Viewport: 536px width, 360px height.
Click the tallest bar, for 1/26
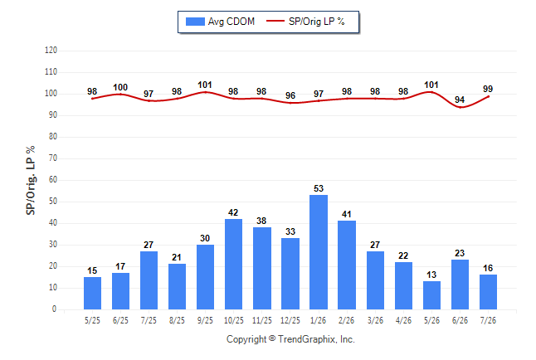[319, 252]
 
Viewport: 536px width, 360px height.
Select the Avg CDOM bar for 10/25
[233, 264]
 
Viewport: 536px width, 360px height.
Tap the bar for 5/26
[431, 295]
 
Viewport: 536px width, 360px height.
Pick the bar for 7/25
[149, 280]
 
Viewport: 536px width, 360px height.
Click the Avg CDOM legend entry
[220, 22]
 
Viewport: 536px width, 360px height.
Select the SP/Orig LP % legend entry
[305, 22]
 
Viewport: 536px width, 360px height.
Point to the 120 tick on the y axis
[51, 51]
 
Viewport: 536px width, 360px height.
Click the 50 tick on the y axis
[52, 202]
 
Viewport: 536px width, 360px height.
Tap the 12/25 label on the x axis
[290, 320]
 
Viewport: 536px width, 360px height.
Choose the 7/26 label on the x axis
[488, 320]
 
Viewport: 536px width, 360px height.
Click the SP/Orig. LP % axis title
[31, 180]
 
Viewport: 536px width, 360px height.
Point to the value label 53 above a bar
[319, 188]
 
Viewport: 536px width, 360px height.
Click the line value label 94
[460, 100]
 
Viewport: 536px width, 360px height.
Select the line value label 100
[120, 87]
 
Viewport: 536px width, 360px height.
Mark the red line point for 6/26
[460, 107]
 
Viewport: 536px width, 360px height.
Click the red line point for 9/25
[205, 92]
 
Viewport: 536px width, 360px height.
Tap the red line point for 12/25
[290, 103]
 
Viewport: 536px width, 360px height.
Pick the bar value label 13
[431, 275]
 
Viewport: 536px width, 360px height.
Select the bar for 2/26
[347, 265]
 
